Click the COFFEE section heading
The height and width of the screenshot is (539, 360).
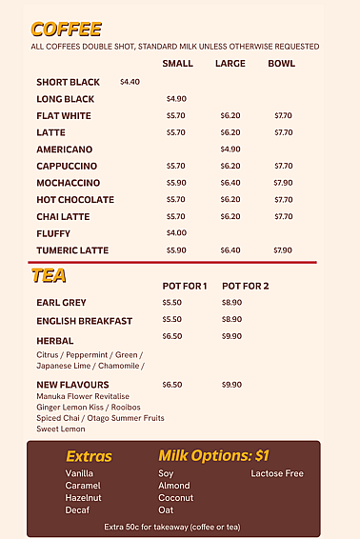tap(66, 30)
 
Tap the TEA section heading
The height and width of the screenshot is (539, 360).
tap(49, 276)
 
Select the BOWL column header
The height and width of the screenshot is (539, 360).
tap(281, 64)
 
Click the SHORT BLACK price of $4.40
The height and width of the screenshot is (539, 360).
tap(130, 82)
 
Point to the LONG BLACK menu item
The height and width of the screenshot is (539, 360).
tap(66, 99)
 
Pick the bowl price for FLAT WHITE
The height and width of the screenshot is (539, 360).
tap(283, 115)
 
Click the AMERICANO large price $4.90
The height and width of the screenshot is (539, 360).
tap(230, 149)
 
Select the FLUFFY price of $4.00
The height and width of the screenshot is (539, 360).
tap(176, 233)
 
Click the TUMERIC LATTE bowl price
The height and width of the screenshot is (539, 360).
tap(283, 250)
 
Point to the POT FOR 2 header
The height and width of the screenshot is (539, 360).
tap(245, 286)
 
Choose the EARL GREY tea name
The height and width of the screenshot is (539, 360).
tap(61, 303)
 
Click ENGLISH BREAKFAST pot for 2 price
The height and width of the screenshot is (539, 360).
tap(231, 320)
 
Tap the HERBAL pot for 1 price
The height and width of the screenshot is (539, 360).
tap(171, 337)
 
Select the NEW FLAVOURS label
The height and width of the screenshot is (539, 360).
tap(72, 385)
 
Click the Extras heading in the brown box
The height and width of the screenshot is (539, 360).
tap(89, 456)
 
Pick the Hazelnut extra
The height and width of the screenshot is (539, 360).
tap(83, 498)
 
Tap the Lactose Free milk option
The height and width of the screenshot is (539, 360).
tap(277, 473)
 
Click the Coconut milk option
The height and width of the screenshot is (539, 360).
tap(175, 498)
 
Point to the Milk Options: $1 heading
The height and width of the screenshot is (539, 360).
tap(214, 455)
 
